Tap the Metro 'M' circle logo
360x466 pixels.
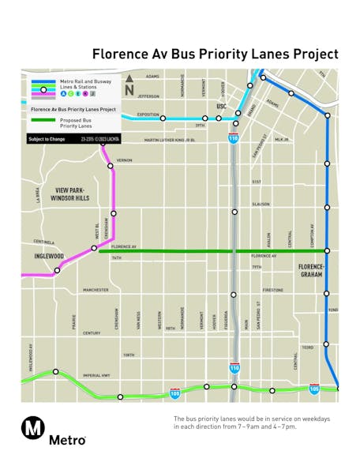(32, 427)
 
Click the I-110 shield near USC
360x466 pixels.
(234, 138)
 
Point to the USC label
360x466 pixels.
(222, 106)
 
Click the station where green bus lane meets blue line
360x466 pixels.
(327, 251)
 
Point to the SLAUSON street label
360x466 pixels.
(261, 204)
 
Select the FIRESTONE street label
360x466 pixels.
(272, 290)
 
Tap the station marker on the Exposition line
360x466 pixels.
(163, 118)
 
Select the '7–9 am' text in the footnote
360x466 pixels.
(253, 427)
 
